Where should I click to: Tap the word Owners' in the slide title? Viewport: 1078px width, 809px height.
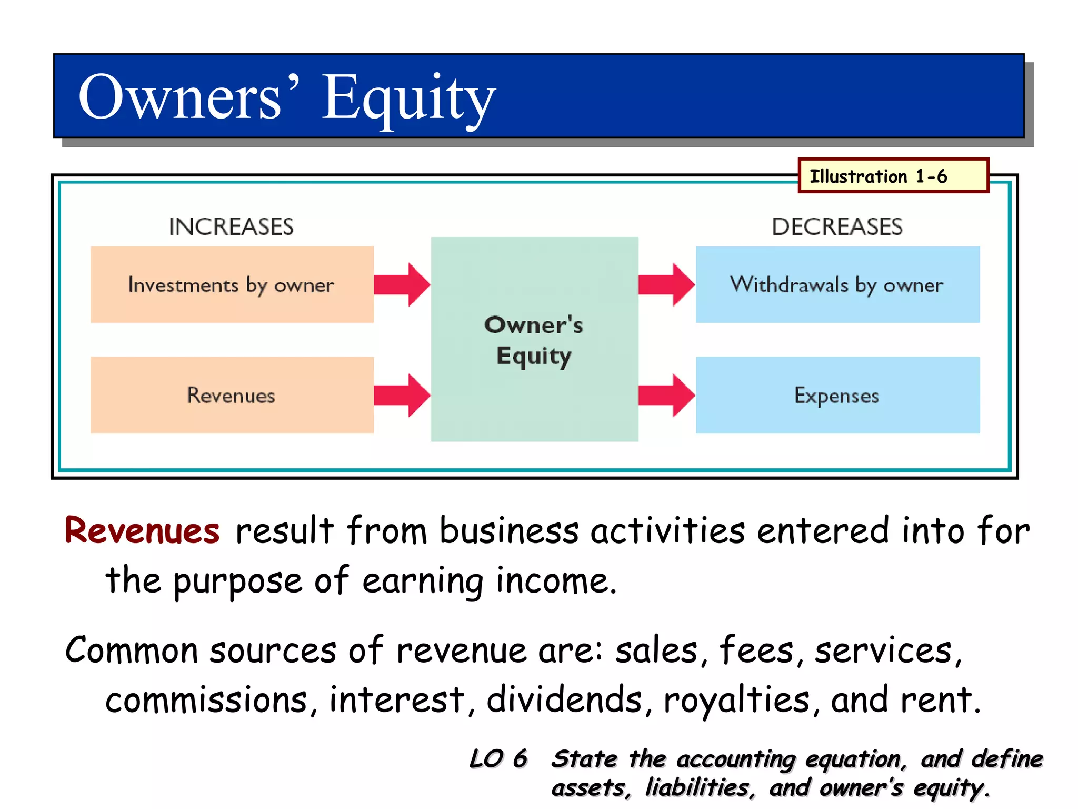pos(189,98)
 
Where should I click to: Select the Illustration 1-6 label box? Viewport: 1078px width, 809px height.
pos(893,176)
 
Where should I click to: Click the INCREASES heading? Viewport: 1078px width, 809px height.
pos(231,226)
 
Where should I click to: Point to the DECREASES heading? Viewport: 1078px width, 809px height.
pos(837,226)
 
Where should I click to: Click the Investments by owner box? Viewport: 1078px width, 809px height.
pos(232,284)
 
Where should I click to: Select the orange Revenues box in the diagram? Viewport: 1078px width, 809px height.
pos(232,395)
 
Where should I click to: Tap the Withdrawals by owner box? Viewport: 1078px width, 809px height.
pos(837,284)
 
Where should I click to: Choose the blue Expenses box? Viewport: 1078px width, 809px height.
pos(837,395)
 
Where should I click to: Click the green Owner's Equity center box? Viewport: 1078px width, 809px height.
pos(534,339)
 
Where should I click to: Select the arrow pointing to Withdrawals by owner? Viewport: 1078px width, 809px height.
pos(666,284)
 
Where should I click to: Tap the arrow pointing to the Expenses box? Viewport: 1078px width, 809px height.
pos(666,395)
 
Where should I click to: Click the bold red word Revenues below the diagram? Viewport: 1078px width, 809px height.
pos(142,531)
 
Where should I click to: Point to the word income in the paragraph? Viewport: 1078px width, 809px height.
pos(556,580)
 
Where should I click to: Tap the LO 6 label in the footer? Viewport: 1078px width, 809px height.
pos(498,759)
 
